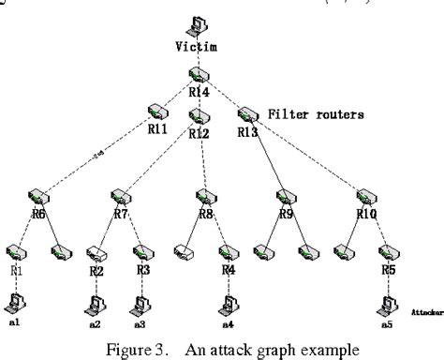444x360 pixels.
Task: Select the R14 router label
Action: click(x=198, y=92)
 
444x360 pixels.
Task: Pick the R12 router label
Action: click(x=199, y=134)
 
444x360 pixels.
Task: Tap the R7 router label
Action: click(x=121, y=214)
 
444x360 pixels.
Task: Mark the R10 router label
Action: click(x=366, y=214)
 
